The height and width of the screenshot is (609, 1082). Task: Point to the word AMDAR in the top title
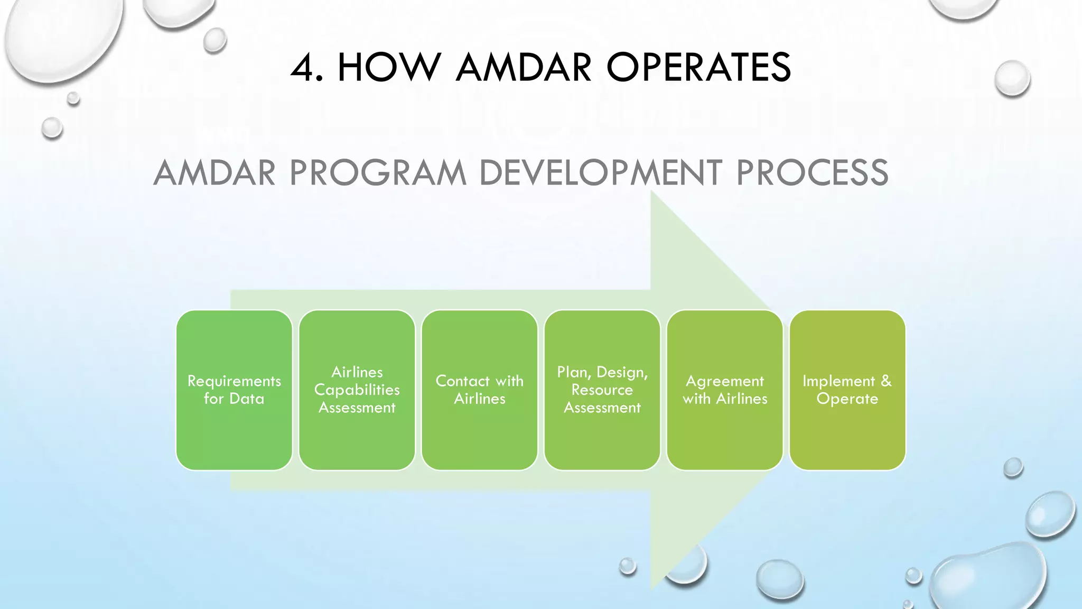(523, 68)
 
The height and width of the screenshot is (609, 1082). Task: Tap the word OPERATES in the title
(698, 68)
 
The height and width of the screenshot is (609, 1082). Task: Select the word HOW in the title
(389, 68)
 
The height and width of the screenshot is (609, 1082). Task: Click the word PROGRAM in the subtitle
(378, 173)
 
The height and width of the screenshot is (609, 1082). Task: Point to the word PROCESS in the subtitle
(812, 173)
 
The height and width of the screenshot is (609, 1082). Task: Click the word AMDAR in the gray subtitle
(214, 173)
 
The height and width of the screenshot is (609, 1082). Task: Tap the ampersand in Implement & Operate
(886, 381)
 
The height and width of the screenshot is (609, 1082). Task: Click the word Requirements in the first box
(234, 381)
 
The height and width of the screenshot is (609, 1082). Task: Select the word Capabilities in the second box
(357, 390)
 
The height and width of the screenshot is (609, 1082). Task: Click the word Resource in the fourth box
(602, 390)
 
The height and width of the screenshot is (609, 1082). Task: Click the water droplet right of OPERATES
(1012, 78)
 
